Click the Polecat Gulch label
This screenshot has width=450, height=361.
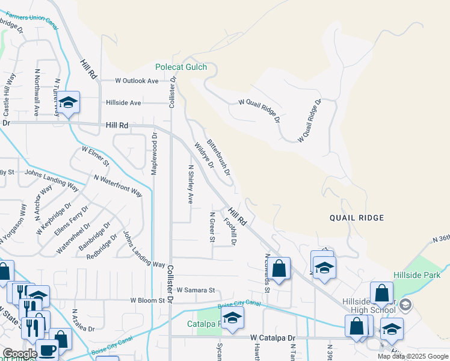click(x=180, y=67)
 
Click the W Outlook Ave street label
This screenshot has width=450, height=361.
click(x=137, y=81)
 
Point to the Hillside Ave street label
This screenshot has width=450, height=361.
click(x=123, y=103)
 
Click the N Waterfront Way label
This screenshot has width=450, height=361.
click(x=118, y=185)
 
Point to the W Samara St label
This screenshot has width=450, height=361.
click(x=196, y=290)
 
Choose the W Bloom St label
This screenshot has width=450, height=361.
click(x=147, y=300)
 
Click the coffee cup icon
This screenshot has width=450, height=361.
click(x=48, y=350)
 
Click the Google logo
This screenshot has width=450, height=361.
click(x=20, y=354)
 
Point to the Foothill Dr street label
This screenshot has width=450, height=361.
click(x=230, y=231)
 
